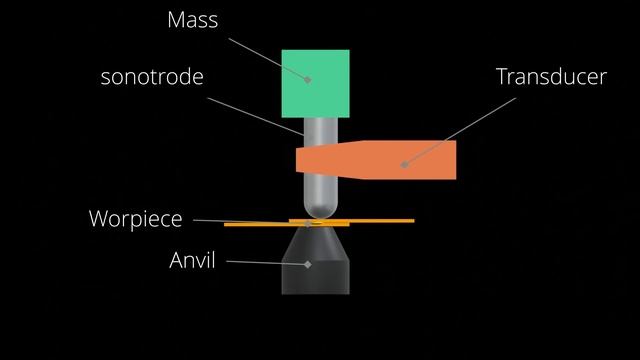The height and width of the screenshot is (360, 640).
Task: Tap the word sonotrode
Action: tap(152, 76)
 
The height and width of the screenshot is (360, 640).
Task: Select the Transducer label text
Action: tap(551, 76)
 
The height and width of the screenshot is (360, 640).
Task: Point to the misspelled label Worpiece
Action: tap(136, 218)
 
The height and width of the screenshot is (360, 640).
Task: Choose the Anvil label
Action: tap(192, 263)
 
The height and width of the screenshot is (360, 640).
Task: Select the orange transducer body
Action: tap(420, 160)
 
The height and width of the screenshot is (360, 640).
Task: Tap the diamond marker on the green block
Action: tap(308, 79)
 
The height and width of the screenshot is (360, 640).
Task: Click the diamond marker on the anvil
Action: tap(308, 264)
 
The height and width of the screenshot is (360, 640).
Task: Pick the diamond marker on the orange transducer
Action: tap(403, 163)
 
